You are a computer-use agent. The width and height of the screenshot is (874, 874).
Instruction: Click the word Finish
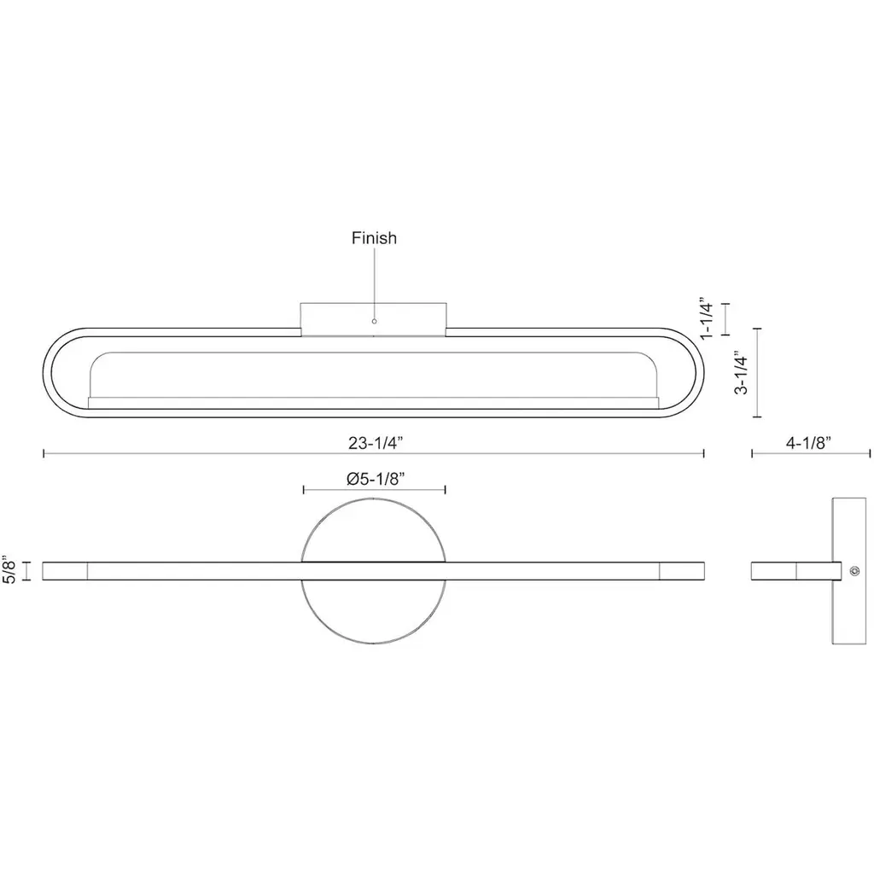(374, 238)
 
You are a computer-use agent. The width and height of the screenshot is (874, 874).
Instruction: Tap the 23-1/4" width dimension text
(376, 443)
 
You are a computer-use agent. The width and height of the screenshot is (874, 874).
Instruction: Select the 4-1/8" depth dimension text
(808, 443)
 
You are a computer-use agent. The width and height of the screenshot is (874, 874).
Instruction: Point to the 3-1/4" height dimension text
(742, 372)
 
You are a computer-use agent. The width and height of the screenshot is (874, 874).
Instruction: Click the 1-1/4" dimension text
(707, 318)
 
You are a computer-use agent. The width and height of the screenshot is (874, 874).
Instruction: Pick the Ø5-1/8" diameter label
(376, 479)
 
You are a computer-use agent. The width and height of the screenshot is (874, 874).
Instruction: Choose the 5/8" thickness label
(9, 569)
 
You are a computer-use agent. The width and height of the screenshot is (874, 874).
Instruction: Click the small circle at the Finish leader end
(374, 321)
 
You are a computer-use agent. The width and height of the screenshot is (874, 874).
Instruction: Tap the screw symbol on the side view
(854, 571)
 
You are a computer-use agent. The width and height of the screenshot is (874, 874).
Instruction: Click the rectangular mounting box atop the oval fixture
(374, 319)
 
